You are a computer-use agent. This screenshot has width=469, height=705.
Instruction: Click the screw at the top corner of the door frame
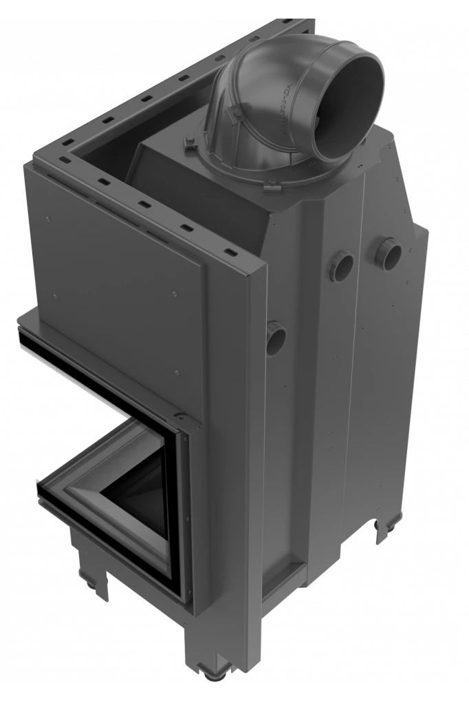[181, 417]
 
